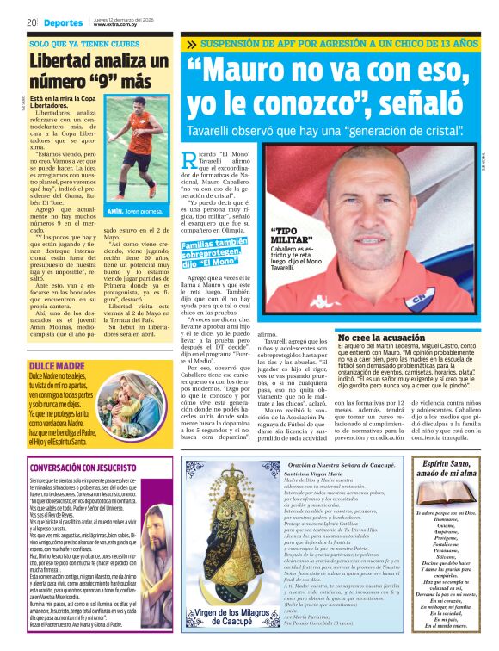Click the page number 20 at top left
click(31, 22)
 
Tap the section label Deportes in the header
click(65, 22)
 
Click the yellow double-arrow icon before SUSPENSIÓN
click(192, 43)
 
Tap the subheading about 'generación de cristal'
click(326, 131)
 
